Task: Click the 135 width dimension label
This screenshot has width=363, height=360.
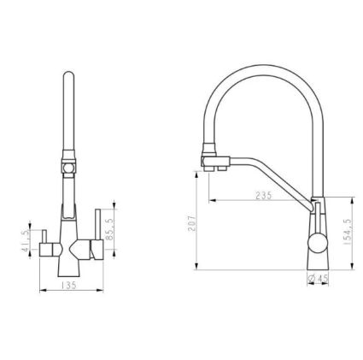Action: tap(69, 286)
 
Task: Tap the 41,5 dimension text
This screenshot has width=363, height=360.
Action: tap(26, 240)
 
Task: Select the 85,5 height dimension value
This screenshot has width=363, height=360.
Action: tap(109, 229)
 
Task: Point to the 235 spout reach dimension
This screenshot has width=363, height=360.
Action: tap(264, 196)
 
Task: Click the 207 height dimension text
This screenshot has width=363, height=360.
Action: tap(192, 222)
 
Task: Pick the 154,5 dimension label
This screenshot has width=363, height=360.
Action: tap(348, 233)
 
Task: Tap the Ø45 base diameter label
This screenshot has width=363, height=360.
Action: tap(318, 278)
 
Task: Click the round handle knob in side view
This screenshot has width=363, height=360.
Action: tap(317, 243)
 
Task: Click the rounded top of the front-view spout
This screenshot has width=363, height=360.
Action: tap(68, 74)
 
